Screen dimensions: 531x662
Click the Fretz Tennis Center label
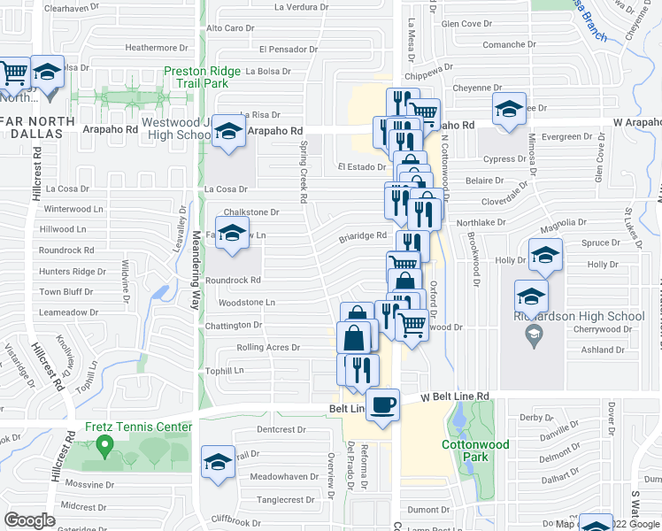(x=138, y=427)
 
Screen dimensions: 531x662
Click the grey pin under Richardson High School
(x=534, y=334)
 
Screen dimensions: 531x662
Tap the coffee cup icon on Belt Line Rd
(x=382, y=405)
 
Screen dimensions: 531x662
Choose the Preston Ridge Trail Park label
(x=208, y=77)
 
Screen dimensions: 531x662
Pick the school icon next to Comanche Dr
(x=509, y=111)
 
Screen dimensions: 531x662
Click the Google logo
(x=29, y=520)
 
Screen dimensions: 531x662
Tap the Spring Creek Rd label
(x=303, y=172)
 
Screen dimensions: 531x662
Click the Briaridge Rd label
(x=364, y=236)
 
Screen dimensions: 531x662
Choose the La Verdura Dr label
(x=302, y=7)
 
